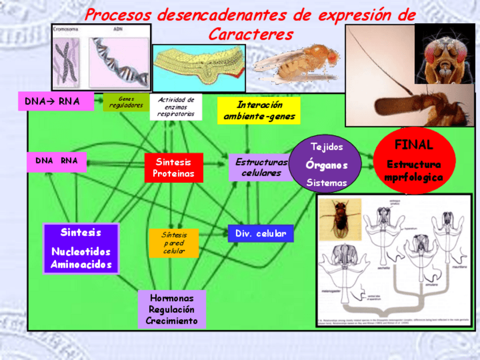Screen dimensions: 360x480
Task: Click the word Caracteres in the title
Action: tap(251, 35)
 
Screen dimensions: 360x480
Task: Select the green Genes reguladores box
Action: tap(126, 102)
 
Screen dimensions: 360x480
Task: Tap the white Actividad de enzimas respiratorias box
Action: tap(176, 107)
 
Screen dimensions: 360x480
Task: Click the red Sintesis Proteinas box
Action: tap(173, 168)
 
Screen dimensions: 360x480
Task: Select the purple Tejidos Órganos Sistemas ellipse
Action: tap(327, 165)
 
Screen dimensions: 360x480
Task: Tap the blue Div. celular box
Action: tap(260, 233)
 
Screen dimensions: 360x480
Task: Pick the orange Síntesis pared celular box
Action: tap(174, 243)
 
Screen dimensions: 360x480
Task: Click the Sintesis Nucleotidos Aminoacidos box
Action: tap(81, 248)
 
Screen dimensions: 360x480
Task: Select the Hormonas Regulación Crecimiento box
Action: tap(172, 309)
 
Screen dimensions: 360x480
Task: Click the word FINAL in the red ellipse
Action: tap(414, 145)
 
